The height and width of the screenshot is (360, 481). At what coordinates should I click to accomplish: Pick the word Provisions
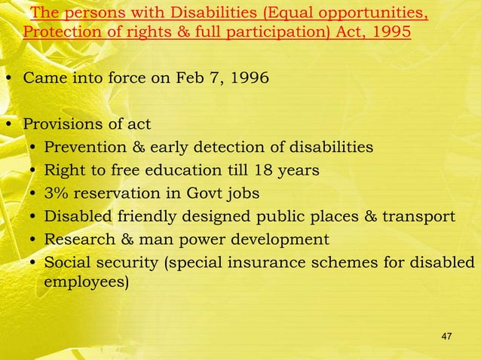pos(63,124)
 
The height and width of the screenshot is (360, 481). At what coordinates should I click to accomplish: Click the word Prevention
pos(84,146)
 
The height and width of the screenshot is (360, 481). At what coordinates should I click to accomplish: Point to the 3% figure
pos(57,194)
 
